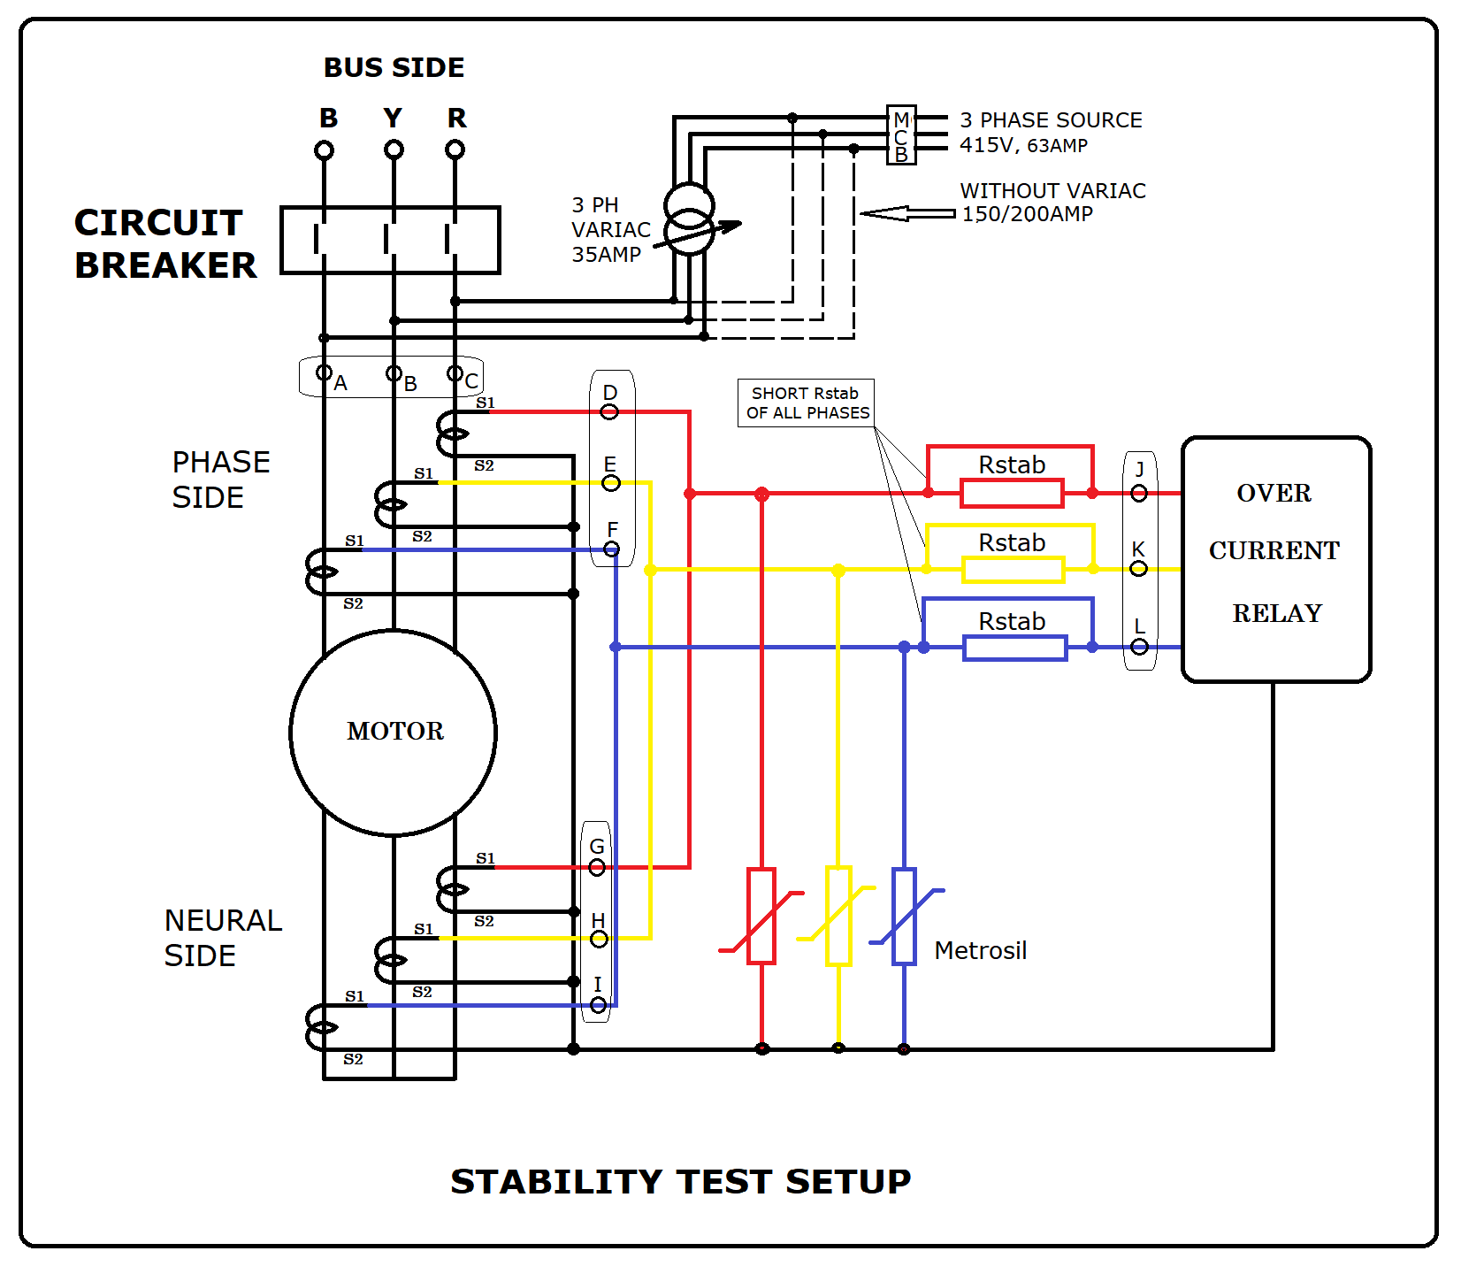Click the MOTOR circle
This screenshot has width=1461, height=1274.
[x=393, y=733]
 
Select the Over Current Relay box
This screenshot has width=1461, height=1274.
[x=1275, y=559]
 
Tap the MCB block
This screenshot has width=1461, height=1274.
[x=900, y=135]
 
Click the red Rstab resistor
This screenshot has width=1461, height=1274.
[x=1012, y=493]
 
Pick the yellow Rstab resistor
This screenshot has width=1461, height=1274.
[x=1013, y=570]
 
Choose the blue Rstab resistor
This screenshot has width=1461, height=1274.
[x=1014, y=648]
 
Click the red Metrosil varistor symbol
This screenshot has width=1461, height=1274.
[x=761, y=916]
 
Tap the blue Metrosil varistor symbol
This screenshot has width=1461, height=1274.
[x=904, y=916]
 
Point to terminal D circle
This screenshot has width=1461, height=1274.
[x=609, y=412]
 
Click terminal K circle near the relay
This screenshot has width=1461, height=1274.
[x=1139, y=568]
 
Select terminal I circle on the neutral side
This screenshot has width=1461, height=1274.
[x=599, y=1005]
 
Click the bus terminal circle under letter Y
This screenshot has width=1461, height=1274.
[x=394, y=150]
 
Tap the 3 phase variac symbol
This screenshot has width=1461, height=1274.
[x=689, y=219]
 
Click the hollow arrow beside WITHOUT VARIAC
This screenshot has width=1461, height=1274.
[x=906, y=213]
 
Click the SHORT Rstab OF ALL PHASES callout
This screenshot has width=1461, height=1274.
[x=806, y=403]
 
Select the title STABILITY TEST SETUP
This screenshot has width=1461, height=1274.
[x=680, y=1182]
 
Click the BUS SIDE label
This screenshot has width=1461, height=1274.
[x=394, y=68]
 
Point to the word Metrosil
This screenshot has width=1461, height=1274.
[x=980, y=950]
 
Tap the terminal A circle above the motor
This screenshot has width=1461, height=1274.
[x=325, y=372]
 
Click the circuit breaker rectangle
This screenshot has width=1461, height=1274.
[x=390, y=240]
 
